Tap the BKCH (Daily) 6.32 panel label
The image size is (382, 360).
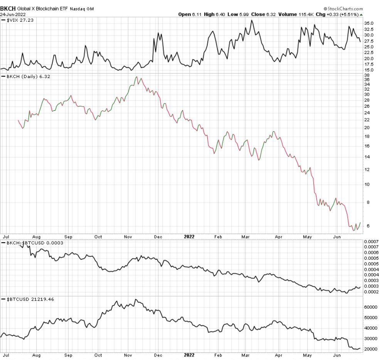(x=27, y=76)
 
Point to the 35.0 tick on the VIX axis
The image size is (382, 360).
(x=369, y=24)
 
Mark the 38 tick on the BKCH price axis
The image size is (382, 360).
(x=367, y=75)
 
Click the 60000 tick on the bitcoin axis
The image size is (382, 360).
(x=371, y=307)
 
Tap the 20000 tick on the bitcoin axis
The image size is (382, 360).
(x=371, y=349)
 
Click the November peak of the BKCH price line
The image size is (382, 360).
(x=137, y=77)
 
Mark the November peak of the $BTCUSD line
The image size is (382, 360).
(x=135, y=299)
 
